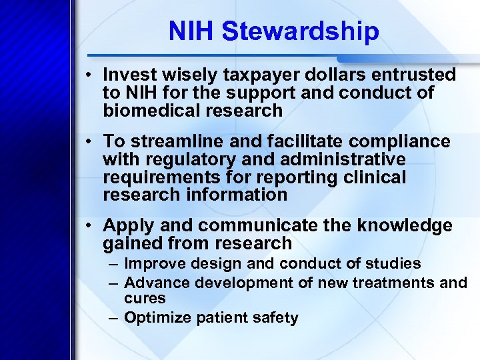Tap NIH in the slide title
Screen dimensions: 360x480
tap(192, 31)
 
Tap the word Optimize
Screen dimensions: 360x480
tap(157, 317)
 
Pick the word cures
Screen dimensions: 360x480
tap(145, 298)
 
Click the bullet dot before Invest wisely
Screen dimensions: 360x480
tap(89, 75)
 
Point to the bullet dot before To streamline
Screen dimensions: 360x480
tap(89, 142)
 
